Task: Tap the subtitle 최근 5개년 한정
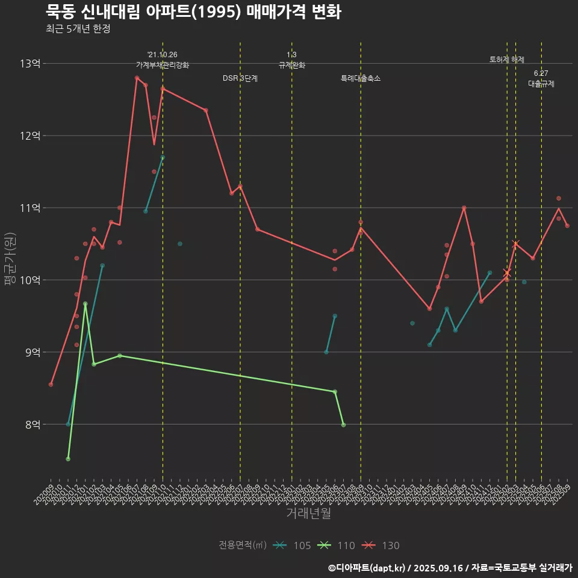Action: click(x=78, y=29)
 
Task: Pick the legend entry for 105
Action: click(x=293, y=545)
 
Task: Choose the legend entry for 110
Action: click(x=337, y=545)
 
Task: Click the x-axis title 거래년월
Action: click(x=308, y=514)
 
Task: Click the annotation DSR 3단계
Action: click(x=240, y=78)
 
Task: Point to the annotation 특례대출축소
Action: click(x=361, y=78)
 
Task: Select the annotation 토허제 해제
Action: click(x=507, y=60)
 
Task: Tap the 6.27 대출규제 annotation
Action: click(x=541, y=79)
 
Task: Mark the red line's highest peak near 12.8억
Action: click(x=137, y=78)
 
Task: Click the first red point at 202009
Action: click(x=51, y=384)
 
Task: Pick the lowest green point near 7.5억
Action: click(x=68, y=459)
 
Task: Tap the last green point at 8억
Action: click(x=343, y=425)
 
